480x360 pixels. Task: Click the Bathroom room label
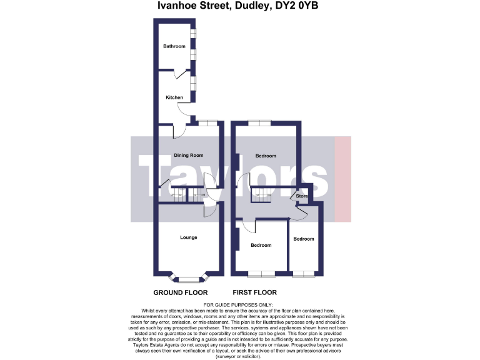pyautogui.click(x=174, y=46)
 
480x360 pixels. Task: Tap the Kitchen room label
pyautogui.click(x=174, y=97)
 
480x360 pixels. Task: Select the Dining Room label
pyautogui.click(x=188, y=155)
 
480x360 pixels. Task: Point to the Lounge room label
pyautogui.click(x=188, y=237)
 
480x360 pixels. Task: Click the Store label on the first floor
pyautogui.click(x=302, y=196)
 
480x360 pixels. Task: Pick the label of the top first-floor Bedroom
pyautogui.click(x=266, y=156)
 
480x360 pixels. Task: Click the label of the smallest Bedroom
pyautogui.click(x=304, y=239)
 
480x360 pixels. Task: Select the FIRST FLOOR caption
pyautogui.click(x=254, y=292)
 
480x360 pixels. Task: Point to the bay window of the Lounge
pyautogui.click(x=188, y=277)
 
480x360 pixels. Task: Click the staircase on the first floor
pyautogui.click(x=261, y=195)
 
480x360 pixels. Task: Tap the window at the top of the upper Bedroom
pyautogui.click(x=259, y=122)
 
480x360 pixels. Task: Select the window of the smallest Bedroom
pyautogui.click(x=304, y=273)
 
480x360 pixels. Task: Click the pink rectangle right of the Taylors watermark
pyautogui.click(x=343, y=179)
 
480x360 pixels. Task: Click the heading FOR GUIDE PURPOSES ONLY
pyautogui.click(x=239, y=304)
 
